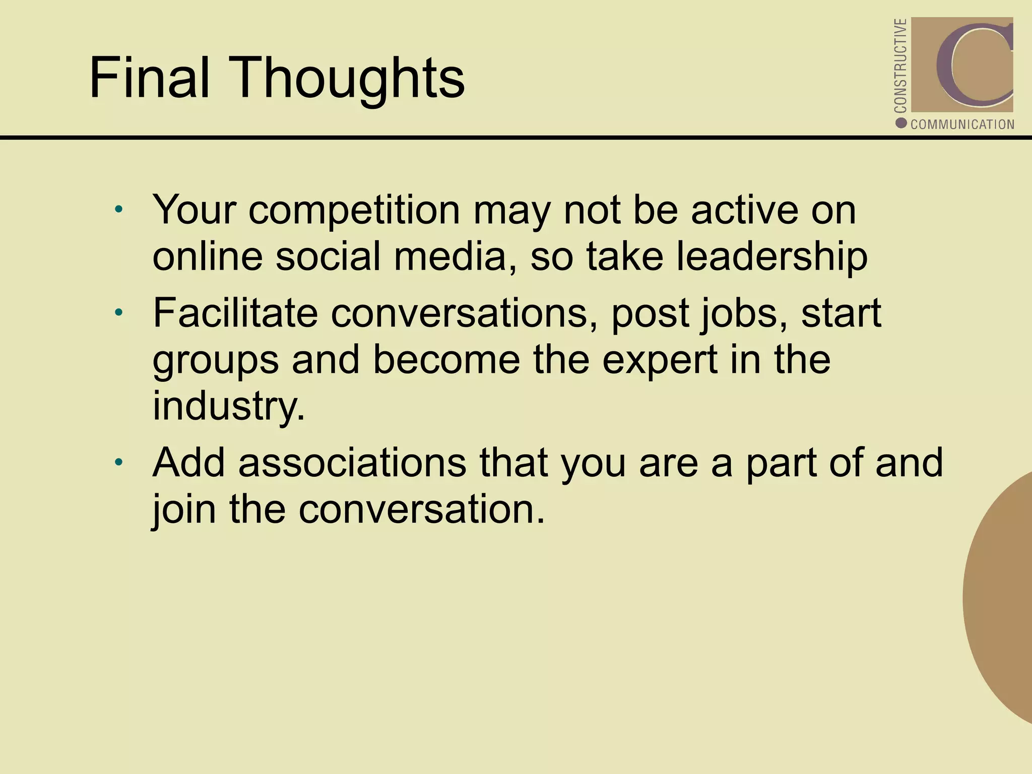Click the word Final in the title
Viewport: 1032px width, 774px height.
click(149, 78)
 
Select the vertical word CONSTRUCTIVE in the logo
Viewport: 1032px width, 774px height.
click(900, 66)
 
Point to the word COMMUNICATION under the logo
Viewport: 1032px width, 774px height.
click(962, 124)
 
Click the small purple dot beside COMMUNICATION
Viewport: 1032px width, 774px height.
click(901, 123)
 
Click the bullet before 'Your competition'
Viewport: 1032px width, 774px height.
click(118, 209)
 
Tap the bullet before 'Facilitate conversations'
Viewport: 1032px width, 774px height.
click(118, 313)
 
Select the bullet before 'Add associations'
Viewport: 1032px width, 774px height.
click(118, 462)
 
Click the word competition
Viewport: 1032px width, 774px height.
click(354, 210)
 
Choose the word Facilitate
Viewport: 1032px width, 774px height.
click(235, 313)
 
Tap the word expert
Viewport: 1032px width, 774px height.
click(660, 360)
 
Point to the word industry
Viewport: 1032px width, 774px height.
click(228, 406)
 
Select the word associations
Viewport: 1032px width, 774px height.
click(352, 462)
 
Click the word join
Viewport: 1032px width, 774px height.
click(184, 509)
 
